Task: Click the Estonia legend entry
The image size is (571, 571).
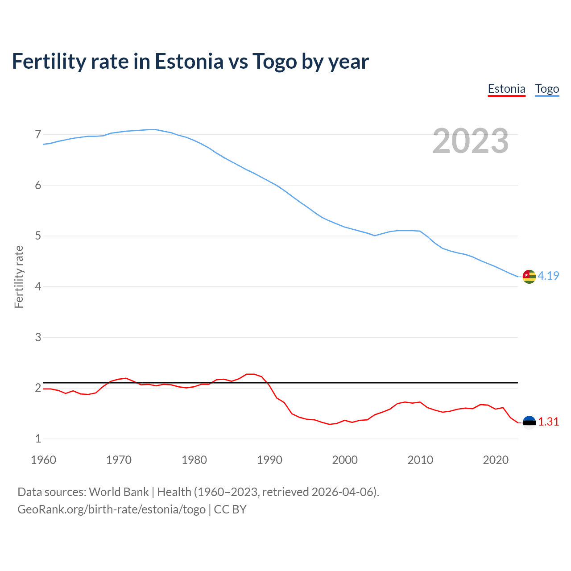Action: tap(506, 89)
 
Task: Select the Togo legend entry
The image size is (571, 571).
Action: tap(547, 89)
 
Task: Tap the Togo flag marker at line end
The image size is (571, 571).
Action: tap(529, 277)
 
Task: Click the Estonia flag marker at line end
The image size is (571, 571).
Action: tap(529, 422)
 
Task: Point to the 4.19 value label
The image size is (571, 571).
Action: tap(548, 276)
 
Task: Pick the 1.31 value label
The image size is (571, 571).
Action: tap(548, 422)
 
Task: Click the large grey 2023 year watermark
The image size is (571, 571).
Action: tap(471, 141)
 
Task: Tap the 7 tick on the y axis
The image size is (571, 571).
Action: tap(38, 134)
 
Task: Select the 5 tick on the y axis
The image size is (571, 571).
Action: tap(38, 236)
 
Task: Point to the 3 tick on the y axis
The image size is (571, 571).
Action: tap(38, 337)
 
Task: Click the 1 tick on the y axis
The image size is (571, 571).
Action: tap(38, 439)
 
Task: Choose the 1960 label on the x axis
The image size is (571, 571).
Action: tap(43, 460)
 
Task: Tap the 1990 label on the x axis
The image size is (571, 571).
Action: tap(269, 460)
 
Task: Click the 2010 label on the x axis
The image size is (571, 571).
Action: tap(420, 460)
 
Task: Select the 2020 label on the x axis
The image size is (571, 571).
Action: tap(496, 460)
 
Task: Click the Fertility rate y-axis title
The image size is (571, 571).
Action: tap(19, 277)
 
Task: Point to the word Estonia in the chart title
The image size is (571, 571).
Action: tap(189, 61)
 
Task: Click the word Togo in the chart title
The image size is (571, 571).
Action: tap(274, 61)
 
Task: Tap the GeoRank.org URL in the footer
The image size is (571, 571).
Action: tap(112, 509)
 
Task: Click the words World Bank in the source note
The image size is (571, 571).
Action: tap(119, 492)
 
